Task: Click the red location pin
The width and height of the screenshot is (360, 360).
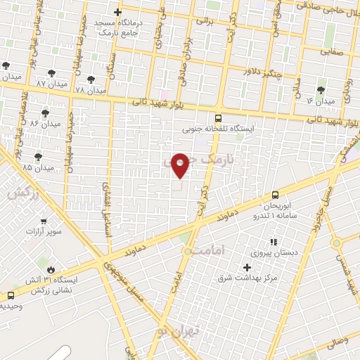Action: [x=181, y=165]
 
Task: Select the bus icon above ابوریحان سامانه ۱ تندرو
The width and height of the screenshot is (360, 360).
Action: [x=275, y=195]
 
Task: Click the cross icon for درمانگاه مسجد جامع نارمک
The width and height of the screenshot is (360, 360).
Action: [x=117, y=11]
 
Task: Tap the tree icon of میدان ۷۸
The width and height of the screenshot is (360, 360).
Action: [x=91, y=79]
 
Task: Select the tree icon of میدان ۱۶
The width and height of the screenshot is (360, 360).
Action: [x=321, y=89]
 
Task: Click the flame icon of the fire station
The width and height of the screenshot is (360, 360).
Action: [x=51, y=269]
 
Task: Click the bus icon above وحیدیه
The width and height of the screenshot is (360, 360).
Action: [x=10, y=295]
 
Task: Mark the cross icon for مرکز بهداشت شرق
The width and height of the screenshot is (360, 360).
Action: [x=247, y=266]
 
